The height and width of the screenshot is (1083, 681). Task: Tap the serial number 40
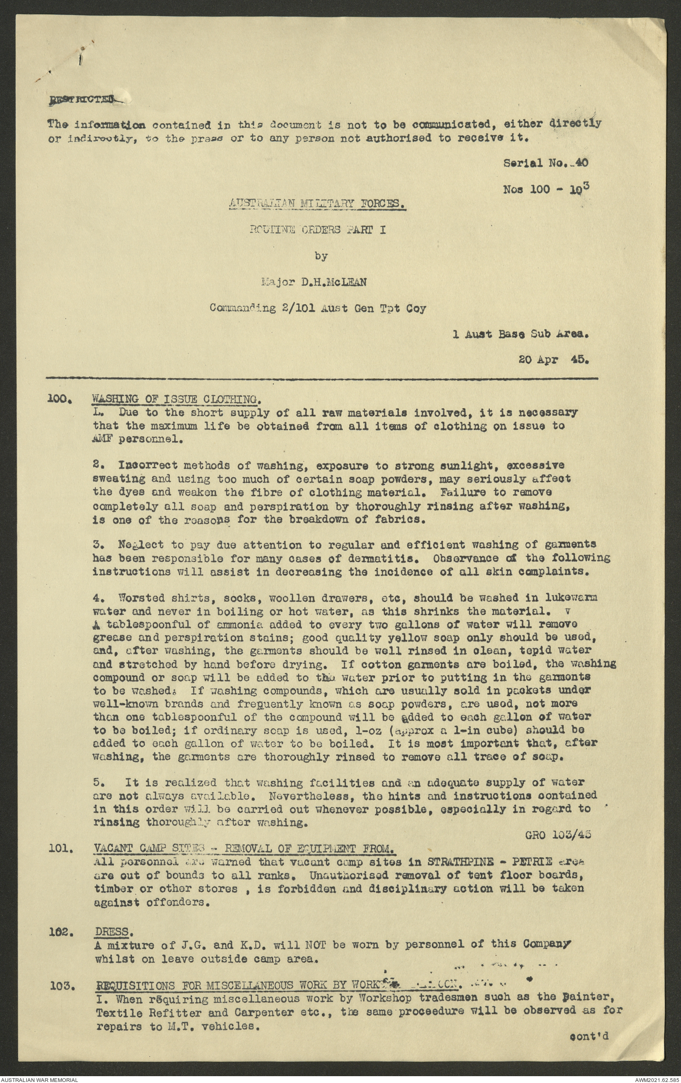click(582, 163)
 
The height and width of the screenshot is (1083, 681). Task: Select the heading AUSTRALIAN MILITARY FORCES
click(317, 203)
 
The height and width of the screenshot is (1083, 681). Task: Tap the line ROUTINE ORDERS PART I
click(317, 230)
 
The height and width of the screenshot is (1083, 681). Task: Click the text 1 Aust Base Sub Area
click(520, 334)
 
